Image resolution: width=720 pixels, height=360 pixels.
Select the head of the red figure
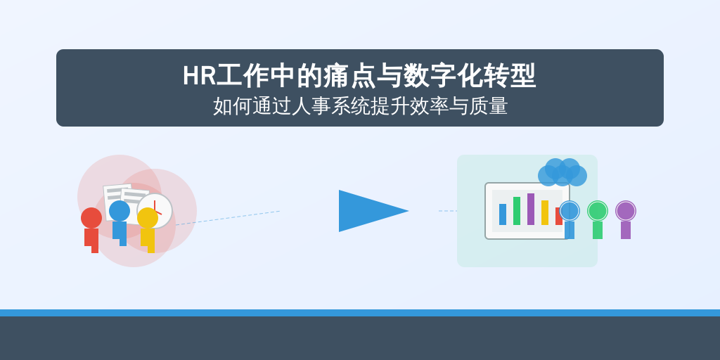click(x=91, y=218)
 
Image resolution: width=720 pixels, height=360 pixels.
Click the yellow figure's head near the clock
click(x=148, y=218)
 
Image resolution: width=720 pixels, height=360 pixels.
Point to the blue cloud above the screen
click(x=562, y=173)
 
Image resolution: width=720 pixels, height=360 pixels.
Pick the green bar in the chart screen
click(x=517, y=211)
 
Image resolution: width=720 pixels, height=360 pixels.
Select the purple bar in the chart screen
click(x=531, y=209)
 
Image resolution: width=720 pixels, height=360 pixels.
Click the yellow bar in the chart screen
click(x=545, y=212)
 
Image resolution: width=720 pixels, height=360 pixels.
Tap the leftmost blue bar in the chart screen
click(x=503, y=214)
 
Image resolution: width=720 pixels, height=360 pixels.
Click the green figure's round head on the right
click(x=598, y=211)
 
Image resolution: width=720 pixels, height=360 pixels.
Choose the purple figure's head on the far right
click(x=626, y=211)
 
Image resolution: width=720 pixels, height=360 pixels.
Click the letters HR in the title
click(x=199, y=76)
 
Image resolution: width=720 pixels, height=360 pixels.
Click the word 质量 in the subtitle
click(x=488, y=107)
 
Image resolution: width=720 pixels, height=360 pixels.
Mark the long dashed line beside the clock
click(x=228, y=218)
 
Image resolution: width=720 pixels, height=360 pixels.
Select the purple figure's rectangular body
click(x=626, y=230)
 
